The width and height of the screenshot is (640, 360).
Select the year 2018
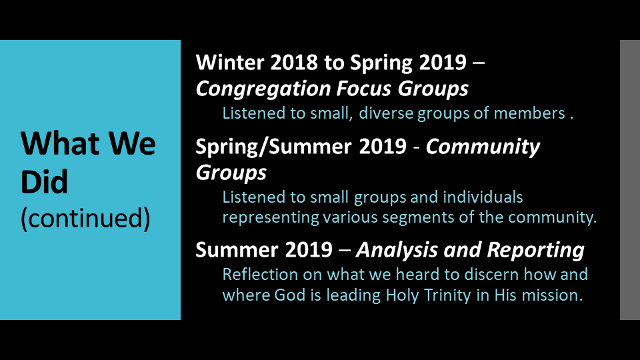(294, 63)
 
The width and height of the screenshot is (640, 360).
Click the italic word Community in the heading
(483, 147)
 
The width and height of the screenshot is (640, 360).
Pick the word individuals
(483, 197)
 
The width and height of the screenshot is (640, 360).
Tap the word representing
(271, 217)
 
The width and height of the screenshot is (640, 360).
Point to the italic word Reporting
(535, 251)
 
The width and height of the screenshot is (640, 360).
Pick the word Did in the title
(44, 181)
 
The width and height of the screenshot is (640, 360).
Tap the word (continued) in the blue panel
(85, 219)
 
